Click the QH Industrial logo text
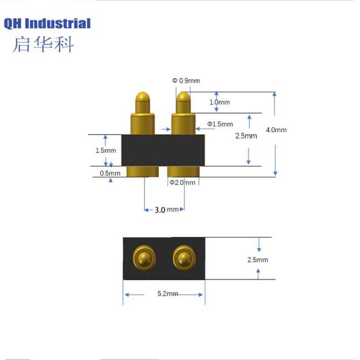47,23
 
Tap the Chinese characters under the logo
43,44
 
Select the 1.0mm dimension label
219,102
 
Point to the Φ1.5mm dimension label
220,124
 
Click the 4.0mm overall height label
276,130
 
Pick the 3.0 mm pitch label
166,210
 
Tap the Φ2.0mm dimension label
183,182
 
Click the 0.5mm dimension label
110,173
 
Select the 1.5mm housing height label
105,151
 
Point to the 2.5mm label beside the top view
258,259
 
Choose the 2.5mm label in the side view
246,136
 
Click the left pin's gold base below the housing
143,171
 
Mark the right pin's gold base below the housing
183,171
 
